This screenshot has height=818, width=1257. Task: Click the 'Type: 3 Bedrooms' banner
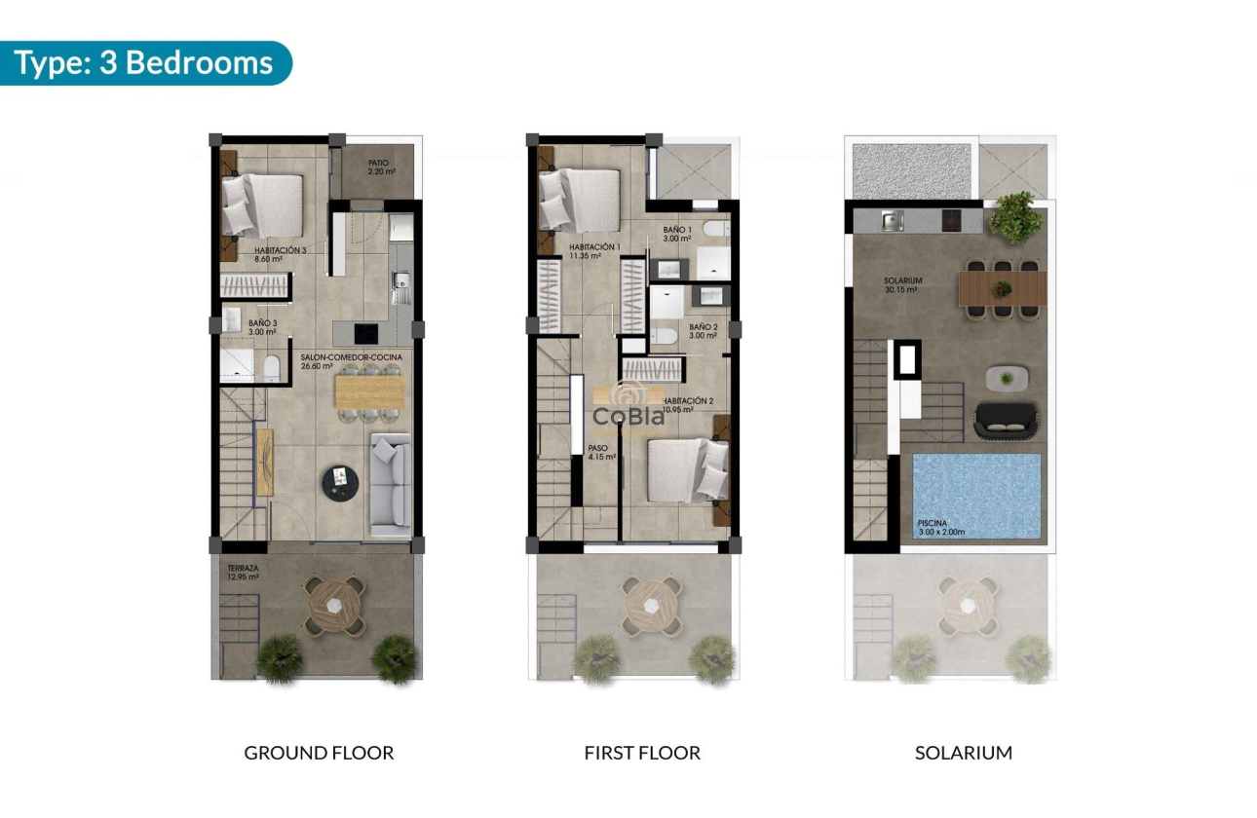click(144, 63)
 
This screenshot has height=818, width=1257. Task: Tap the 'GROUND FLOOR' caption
click(319, 753)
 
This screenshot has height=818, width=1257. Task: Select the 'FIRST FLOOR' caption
click(642, 753)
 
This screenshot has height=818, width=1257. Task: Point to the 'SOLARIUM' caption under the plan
click(964, 753)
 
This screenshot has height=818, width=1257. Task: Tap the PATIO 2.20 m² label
click(382, 167)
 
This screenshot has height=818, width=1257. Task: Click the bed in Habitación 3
click(260, 204)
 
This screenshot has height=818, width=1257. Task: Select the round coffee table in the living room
click(339, 478)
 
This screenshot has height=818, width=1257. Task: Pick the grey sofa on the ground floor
click(391, 484)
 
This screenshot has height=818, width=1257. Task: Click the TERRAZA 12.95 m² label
click(243, 573)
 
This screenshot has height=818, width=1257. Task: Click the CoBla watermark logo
click(629, 416)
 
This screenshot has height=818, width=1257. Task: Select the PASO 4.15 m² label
click(601, 453)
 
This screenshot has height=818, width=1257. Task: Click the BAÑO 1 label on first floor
click(676, 234)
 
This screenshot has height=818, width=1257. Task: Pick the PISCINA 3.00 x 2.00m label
click(940, 528)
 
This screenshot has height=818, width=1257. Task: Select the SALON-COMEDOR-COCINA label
click(337, 361)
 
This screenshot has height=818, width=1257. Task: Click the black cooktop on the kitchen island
click(367, 332)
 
